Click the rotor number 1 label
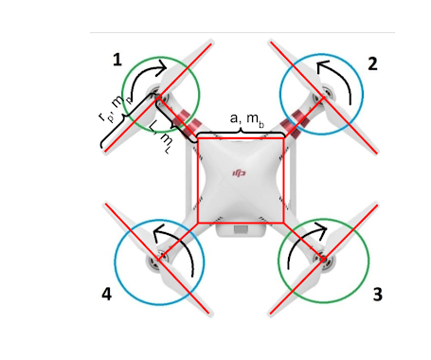(117, 60)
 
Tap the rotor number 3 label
(377, 295)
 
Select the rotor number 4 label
(106, 295)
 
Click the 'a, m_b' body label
(248, 117)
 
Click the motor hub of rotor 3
(322, 257)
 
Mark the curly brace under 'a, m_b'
(240, 132)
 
